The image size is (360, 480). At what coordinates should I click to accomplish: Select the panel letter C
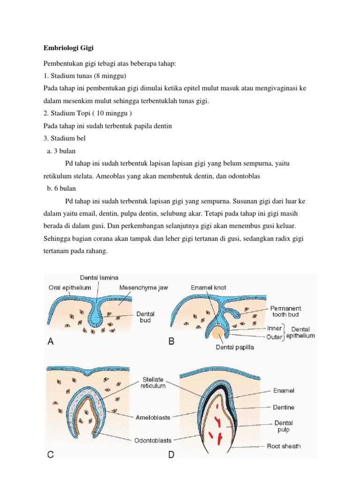(51, 453)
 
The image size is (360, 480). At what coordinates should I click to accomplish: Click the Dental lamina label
(99, 277)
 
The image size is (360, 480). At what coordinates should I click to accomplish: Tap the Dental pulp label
(284, 426)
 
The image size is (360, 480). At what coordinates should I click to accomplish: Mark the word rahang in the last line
(95, 251)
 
